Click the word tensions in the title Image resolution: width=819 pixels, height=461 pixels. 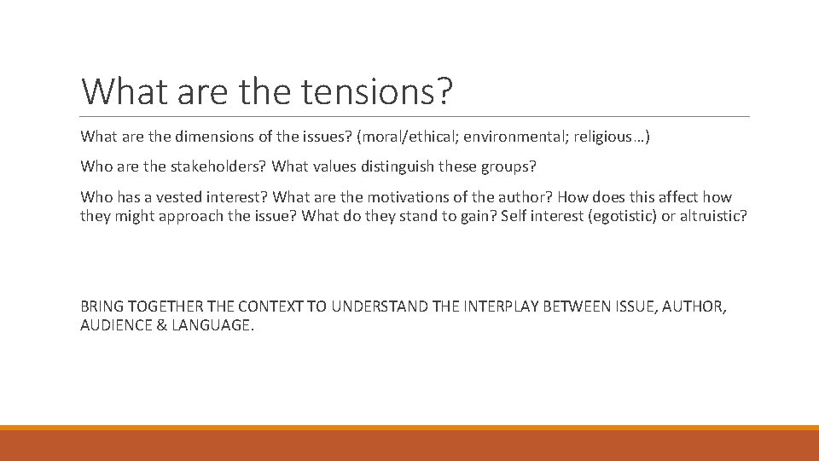[369, 90]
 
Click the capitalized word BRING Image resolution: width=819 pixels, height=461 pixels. [101, 306]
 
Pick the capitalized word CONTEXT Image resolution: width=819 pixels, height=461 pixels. [270, 306]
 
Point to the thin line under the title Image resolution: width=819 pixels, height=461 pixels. [415, 116]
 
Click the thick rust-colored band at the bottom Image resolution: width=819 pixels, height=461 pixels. [409, 446]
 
